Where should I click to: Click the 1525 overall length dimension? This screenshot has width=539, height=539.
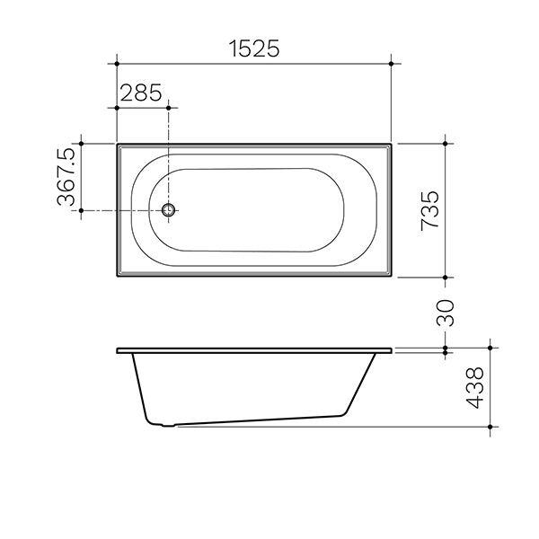[253, 49]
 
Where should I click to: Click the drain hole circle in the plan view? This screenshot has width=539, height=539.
[168, 211]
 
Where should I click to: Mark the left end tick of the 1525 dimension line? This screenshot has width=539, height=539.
[117, 64]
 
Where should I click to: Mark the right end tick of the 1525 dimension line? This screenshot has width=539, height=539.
[392, 64]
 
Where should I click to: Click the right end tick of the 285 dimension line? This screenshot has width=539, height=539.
[168, 107]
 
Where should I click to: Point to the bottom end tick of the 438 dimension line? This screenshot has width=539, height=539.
[490, 426]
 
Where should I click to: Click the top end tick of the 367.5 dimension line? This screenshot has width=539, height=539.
[81, 143]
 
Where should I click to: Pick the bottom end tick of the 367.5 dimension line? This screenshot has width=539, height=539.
[81, 211]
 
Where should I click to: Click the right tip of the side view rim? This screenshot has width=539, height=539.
[392, 349]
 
